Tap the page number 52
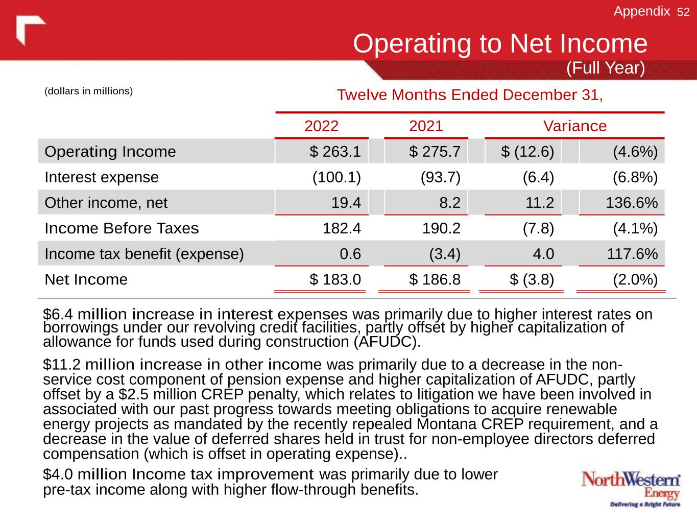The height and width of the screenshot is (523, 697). tap(683, 12)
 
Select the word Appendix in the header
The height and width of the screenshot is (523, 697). tap(641, 11)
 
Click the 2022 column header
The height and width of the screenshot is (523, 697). tap(321, 126)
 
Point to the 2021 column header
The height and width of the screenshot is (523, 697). tap(426, 126)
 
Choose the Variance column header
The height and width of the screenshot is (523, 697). tap(574, 126)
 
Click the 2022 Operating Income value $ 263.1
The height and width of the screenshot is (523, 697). tap(335, 152)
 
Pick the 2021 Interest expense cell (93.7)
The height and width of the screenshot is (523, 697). tap(440, 177)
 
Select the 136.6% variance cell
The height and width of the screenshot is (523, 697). tap(632, 203)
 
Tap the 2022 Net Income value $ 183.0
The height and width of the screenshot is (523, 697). tap(335, 279)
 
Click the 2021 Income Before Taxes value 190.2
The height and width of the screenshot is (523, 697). tap(442, 228)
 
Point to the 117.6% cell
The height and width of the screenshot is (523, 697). tap(632, 254)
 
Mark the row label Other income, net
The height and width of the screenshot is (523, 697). tap(106, 203)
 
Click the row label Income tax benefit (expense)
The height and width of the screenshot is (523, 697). tap(144, 254)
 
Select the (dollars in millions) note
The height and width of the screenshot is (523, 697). tap(89, 91)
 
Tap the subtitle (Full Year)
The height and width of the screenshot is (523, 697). tap(606, 68)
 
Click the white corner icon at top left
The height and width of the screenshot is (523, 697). tap(30, 29)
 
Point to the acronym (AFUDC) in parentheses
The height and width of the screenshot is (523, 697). tap(388, 342)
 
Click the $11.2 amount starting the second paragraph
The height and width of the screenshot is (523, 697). tap(62, 365)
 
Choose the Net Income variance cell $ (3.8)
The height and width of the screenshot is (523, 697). tap(532, 279)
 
